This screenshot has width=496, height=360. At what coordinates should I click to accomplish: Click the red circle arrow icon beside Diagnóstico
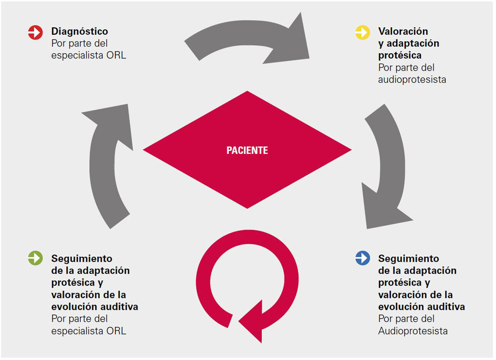36,33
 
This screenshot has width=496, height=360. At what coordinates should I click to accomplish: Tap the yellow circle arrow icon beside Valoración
363,33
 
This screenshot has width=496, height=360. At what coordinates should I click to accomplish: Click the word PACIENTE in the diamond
247,150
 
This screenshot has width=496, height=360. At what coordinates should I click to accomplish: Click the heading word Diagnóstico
79,32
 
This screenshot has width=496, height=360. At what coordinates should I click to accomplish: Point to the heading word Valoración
403,32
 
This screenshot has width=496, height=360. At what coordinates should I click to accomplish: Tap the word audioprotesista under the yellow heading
412,79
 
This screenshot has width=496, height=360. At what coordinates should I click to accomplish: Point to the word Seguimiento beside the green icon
82,258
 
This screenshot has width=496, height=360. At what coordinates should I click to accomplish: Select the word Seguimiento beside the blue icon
408,258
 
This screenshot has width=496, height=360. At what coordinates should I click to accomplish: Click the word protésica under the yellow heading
399,55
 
